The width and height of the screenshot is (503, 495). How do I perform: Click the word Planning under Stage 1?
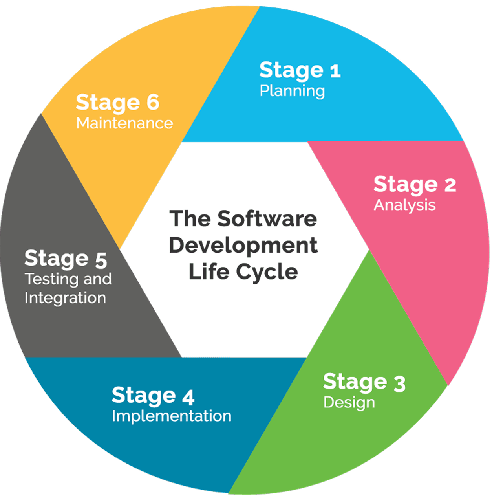292,91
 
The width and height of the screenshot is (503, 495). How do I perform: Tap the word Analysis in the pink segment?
404,205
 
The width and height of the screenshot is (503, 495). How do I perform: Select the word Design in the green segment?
349,403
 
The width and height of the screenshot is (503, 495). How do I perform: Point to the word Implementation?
172,416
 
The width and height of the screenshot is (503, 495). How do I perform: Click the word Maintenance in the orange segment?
124,123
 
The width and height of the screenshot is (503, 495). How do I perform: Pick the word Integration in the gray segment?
65,297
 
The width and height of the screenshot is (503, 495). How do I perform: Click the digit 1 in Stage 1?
335,71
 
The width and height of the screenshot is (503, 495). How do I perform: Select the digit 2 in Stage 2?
450,185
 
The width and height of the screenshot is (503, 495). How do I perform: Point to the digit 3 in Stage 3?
399,383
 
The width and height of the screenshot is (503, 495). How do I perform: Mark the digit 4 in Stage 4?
188,396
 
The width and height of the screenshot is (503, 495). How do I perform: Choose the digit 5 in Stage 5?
101,260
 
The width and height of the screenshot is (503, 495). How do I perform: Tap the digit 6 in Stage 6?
153,103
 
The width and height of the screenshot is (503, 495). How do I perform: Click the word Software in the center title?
267,218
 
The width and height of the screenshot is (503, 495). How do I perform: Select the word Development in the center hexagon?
243,245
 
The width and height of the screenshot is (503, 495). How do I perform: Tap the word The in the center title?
188,218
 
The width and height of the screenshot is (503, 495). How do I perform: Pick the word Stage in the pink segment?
405,185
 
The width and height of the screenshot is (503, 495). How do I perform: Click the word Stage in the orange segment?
108,103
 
